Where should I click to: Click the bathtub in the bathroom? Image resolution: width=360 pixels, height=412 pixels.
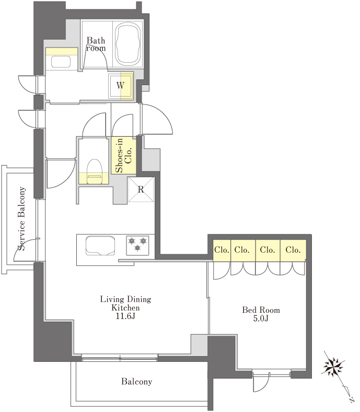128,44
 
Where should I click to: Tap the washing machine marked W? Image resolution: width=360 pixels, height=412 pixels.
121,86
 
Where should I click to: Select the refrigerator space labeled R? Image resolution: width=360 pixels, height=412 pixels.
141,190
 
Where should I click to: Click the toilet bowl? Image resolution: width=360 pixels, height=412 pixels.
94,171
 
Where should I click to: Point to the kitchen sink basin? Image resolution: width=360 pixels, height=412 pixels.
100,245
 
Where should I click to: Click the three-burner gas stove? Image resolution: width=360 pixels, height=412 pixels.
137,245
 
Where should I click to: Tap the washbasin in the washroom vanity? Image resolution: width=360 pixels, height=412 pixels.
61,62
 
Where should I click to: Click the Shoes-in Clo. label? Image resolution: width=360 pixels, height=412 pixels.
123,155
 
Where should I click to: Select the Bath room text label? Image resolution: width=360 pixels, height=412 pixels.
96,44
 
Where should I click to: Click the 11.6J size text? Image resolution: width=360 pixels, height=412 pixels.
125,316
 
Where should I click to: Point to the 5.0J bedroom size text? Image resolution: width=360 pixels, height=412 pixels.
261,319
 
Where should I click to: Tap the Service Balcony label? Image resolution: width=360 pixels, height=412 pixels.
21,218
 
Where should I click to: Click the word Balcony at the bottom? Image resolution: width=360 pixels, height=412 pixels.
137,382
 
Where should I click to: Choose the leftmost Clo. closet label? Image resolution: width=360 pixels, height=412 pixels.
222,250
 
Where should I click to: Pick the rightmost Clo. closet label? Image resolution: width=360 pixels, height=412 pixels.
293,250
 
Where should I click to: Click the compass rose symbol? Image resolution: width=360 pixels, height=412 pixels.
333,366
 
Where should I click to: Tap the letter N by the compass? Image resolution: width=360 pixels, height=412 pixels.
352,399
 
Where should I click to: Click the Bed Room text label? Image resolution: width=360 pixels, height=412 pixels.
261,310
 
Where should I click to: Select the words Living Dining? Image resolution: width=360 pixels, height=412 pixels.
126,299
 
